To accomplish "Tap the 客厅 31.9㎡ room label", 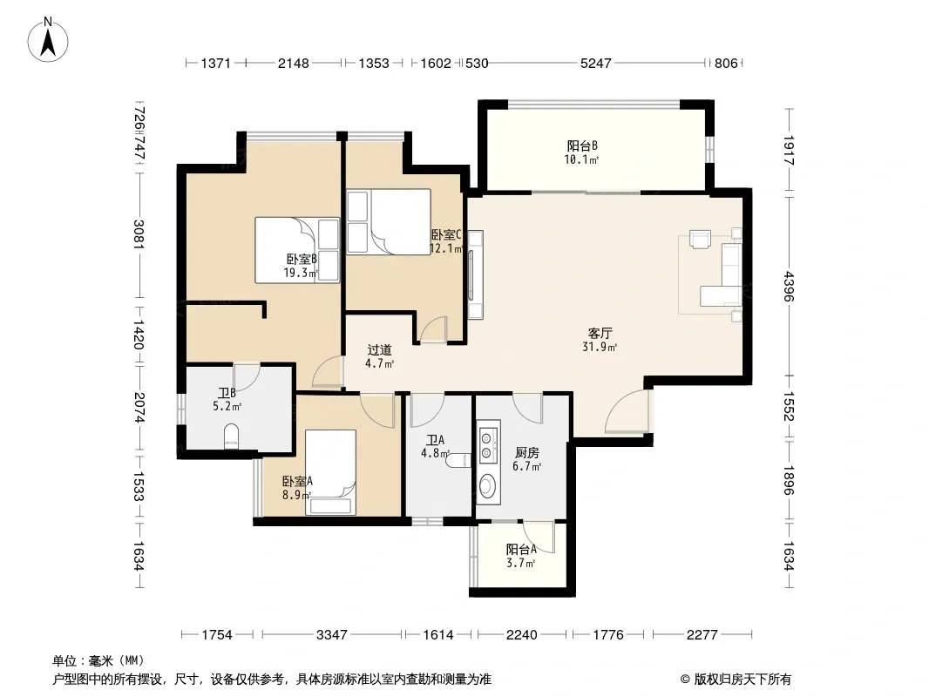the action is [x=600, y=340].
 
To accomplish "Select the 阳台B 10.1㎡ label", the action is [x=582, y=152].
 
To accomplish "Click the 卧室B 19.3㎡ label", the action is [x=301, y=266].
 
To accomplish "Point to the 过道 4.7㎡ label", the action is [x=379, y=356].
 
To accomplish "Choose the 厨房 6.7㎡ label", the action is [x=526, y=459].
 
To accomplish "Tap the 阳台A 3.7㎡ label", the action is [x=521, y=556].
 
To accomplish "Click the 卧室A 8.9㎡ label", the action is [x=297, y=488].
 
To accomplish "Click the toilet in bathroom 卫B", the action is [x=230, y=436].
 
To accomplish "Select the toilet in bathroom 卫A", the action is [x=458, y=459].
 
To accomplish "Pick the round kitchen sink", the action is [x=488, y=487].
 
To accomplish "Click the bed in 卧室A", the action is [x=330, y=472].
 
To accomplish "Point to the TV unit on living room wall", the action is [x=475, y=274].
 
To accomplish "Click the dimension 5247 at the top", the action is [x=595, y=63].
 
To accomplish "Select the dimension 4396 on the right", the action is [x=789, y=286].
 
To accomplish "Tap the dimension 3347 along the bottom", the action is [x=331, y=635].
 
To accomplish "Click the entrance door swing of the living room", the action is [x=627, y=411].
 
